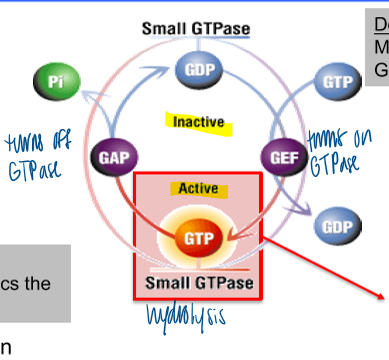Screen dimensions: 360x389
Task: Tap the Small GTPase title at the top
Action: coord(195,28)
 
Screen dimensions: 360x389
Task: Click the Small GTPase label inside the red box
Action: coord(196,281)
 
